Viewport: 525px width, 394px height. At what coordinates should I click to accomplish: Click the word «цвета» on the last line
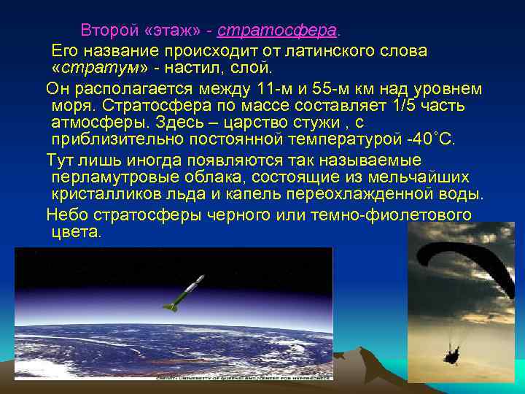(x=77, y=232)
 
